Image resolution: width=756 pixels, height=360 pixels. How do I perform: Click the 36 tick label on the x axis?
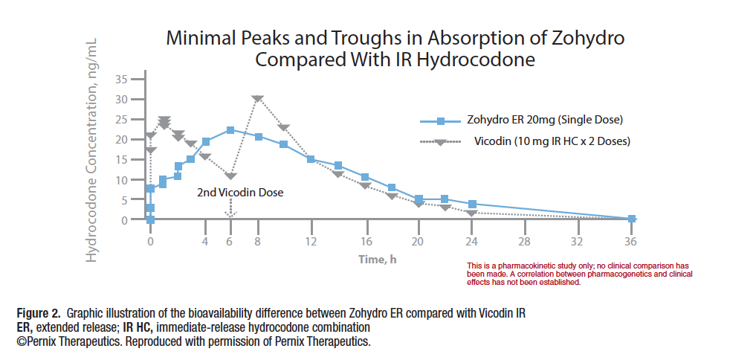(631, 242)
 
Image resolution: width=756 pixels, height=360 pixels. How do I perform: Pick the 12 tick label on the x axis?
(311, 242)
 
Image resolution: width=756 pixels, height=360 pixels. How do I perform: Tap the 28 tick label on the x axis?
(524, 242)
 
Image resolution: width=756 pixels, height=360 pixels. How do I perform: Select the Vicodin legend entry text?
(552, 141)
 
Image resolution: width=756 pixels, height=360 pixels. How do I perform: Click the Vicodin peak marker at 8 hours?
(257, 98)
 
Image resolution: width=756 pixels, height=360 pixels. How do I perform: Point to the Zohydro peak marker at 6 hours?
(230, 130)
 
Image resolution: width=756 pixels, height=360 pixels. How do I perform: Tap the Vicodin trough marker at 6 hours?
(230, 176)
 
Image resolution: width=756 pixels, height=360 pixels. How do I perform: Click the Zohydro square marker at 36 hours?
(631, 219)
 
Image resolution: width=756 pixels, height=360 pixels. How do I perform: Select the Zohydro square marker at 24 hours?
(471, 204)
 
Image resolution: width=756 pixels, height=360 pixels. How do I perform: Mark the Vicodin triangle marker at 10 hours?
(284, 128)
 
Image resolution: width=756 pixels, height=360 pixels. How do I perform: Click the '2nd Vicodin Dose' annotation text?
(240, 193)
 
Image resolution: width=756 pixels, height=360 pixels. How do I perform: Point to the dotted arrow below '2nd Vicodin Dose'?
(230, 209)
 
